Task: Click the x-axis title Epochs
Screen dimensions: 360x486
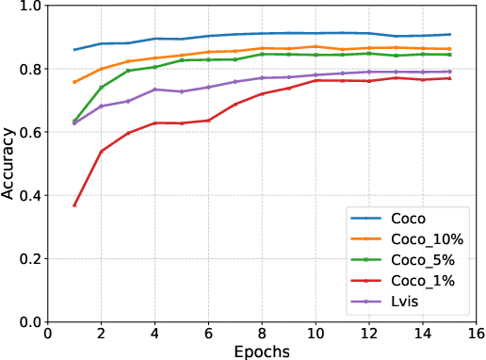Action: click(x=263, y=351)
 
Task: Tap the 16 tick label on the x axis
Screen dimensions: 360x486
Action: click(x=477, y=332)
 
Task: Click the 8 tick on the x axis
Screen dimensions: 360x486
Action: click(x=262, y=332)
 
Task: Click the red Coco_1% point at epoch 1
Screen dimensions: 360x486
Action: click(x=74, y=205)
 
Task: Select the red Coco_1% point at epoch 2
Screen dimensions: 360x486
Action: click(x=101, y=151)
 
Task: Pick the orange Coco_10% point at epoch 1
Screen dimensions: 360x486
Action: click(x=74, y=82)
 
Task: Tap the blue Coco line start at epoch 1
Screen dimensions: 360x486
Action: click(x=74, y=49)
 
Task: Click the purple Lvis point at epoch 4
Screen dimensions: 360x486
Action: click(x=154, y=90)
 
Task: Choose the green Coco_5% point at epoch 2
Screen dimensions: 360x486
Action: click(x=101, y=88)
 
